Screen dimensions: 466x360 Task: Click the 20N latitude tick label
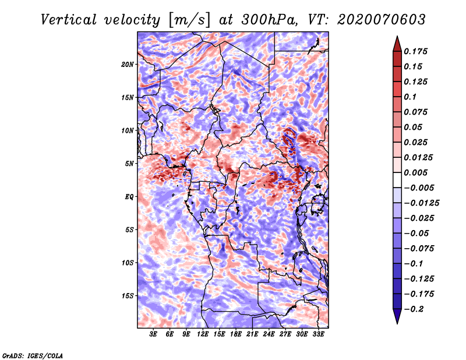tap(128, 65)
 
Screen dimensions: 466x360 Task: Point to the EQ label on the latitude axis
tap(129, 197)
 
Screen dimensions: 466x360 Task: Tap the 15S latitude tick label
tap(128, 296)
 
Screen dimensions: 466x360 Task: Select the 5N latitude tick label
tap(129, 164)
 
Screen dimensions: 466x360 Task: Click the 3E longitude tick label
tap(153, 334)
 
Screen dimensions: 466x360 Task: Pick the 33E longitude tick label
tap(318, 334)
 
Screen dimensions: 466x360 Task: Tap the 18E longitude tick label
tap(236, 334)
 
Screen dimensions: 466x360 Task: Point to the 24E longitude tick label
tap(269, 334)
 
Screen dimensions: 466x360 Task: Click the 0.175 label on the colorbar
tap(415, 51)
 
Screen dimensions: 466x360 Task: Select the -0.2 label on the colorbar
tap(414, 309)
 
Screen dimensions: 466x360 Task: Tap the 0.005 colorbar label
tap(415, 172)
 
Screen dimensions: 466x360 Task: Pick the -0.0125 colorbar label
tap(421, 203)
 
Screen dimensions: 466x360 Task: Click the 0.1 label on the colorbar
tap(410, 97)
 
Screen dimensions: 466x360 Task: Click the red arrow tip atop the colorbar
tap(397, 37)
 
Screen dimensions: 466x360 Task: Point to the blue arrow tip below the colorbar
tap(397, 323)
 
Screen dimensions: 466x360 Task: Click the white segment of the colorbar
tap(397, 180)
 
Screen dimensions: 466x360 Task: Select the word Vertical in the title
tap(69, 20)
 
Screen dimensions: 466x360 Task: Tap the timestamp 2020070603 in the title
tap(382, 20)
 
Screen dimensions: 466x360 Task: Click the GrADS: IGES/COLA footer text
tap(33, 355)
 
